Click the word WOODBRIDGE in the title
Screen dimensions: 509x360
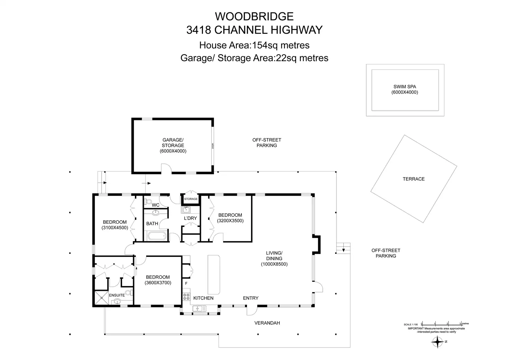pyautogui.click(x=254, y=16)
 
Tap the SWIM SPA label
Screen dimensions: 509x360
pyautogui.click(x=405, y=87)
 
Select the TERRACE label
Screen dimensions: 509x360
pyautogui.click(x=414, y=179)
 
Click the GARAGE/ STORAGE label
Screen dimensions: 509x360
pyautogui.click(x=173, y=143)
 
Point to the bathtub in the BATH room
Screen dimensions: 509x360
pyautogui.click(x=157, y=237)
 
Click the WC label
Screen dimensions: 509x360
pyautogui.click(x=156, y=205)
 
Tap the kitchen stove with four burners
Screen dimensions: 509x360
pyautogui.click(x=186, y=296)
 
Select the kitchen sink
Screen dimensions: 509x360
pyautogui.click(x=199, y=308)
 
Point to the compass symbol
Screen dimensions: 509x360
pyautogui.click(x=437, y=342)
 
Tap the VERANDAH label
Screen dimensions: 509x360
pyautogui.click(x=267, y=323)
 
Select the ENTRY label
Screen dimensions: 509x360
pyautogui.click(x=251, y=298)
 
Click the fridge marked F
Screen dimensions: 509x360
pyautogui.click(x=186, y=284)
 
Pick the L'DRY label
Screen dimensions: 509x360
pyautogui.click(x=190, y=218)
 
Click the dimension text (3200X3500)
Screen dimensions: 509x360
pyautogui.click(x=230, y=221)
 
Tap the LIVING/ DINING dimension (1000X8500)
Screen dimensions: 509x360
pyautogui.click(x=274, y=264)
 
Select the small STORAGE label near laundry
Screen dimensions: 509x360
pyautogui.click(x=191, y=199)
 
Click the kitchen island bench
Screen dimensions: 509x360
pyautogui.click(x=214, y=275)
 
